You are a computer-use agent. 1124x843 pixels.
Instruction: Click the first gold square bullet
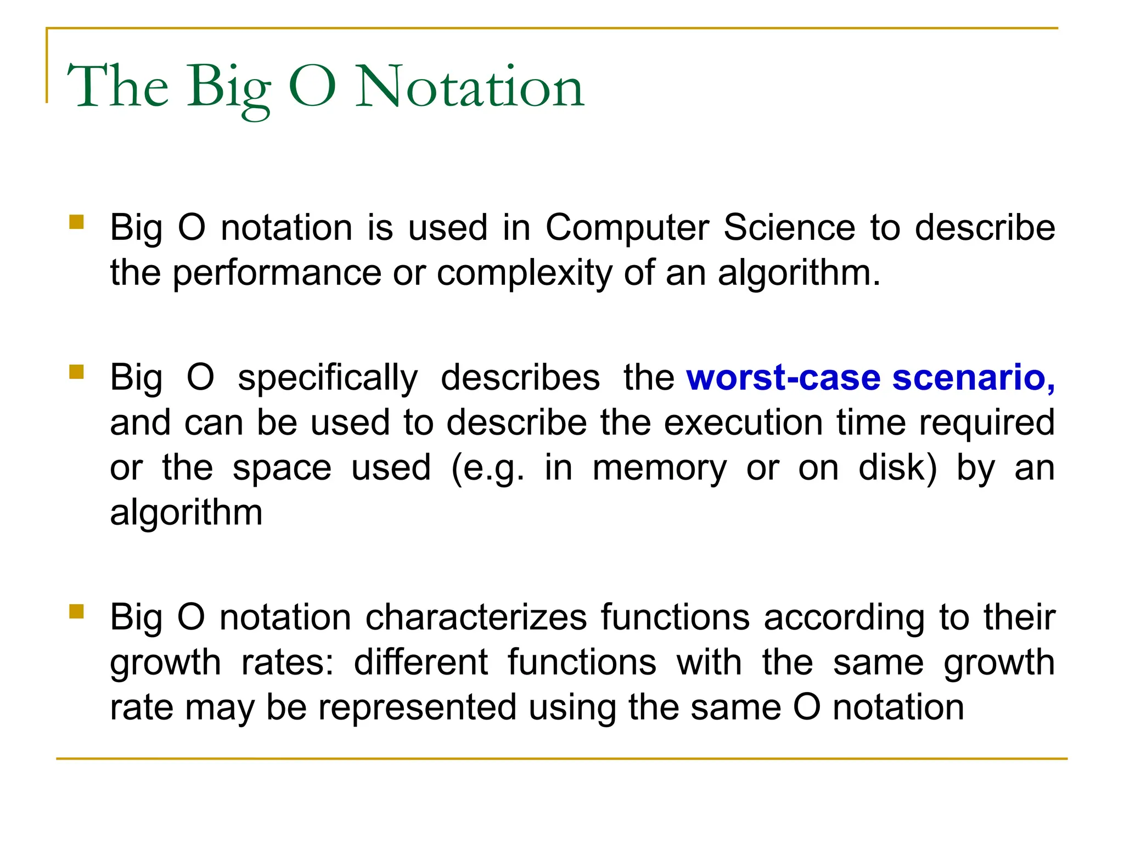point(77,222)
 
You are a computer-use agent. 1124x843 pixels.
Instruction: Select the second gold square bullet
point(77,372)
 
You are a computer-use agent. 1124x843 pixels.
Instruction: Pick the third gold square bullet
point(77,611)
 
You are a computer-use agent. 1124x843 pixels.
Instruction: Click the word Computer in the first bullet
point(627,228)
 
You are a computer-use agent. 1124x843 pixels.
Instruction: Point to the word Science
point(789,228)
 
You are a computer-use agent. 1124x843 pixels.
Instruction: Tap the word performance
point(277,273)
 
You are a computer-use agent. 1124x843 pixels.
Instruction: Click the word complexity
point(524,273)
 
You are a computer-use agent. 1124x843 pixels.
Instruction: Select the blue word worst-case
point(783,378)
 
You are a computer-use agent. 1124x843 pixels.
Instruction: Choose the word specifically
point(328,378)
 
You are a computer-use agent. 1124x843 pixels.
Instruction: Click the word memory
point(659,468)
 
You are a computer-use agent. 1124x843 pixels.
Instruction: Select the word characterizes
point(476,617)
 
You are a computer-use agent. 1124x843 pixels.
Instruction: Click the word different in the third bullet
point(420,662)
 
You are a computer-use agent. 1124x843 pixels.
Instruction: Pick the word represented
point(417,707)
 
